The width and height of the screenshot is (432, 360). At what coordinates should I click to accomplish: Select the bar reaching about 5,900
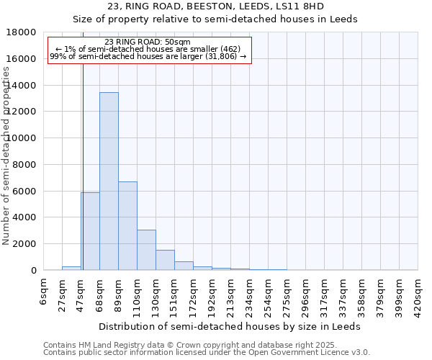coord(90,231)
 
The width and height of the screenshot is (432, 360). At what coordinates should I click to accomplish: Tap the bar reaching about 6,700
coord(127,225)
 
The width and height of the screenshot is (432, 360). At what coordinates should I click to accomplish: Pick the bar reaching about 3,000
coord(146,250)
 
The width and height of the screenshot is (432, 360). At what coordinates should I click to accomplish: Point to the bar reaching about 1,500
coord(165,260)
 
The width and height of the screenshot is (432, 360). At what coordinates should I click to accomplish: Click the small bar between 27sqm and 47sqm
coord(71,268)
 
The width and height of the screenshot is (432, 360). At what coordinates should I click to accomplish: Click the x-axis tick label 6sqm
coord(44,292)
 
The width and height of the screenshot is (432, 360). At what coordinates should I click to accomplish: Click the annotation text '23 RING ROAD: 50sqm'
coord(148,42)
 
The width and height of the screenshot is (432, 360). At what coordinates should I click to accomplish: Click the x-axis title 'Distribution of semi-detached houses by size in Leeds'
coord(230,326)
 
